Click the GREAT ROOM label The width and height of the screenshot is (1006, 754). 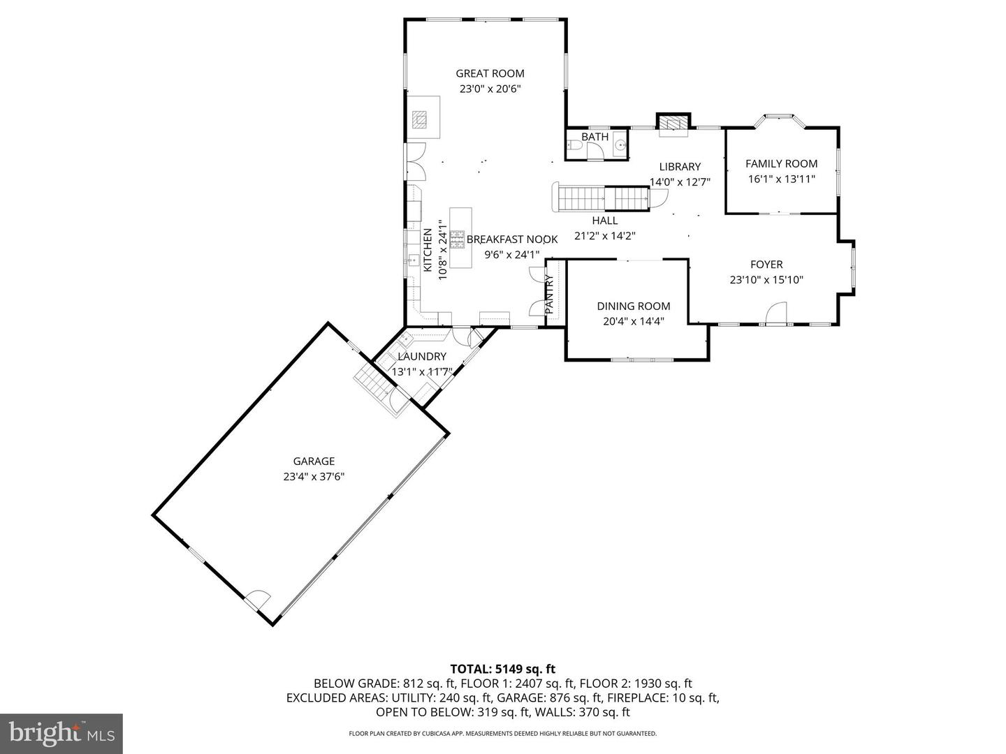(490, 73)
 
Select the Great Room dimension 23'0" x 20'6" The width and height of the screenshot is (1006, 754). (490, 89)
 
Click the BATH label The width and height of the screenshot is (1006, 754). (595, 137)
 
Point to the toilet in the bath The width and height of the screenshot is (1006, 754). (572, 147)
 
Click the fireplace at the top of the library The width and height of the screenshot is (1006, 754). (673, 123)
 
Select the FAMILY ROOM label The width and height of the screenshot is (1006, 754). (781, 163)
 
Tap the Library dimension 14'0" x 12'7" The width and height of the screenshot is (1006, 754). (680, 182)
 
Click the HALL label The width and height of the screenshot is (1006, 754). (604, 221)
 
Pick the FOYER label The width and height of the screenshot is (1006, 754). (766, 265)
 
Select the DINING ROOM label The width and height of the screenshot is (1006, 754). (633, 306)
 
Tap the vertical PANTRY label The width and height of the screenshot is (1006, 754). (549, 293)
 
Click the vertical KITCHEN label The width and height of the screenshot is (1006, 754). (428, 250)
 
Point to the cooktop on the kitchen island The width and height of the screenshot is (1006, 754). (458, 239)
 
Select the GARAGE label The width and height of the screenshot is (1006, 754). (314, 461)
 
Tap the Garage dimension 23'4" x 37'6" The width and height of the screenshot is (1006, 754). (314, 476)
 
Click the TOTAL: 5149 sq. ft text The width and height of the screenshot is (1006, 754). (502, 669)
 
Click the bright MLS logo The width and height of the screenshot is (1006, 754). (61, 733)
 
